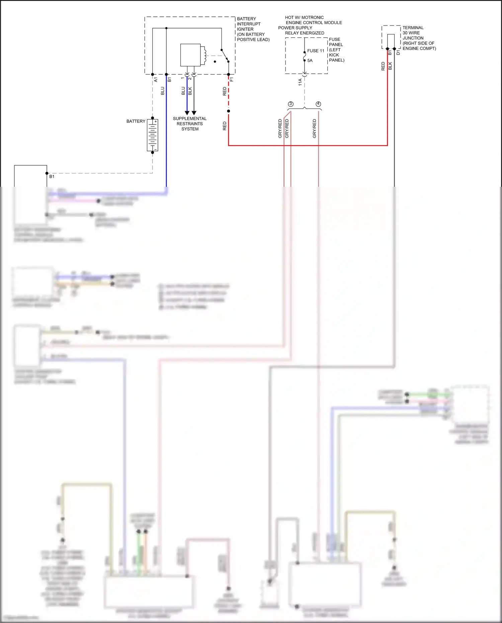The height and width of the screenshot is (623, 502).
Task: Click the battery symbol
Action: pos(153,135)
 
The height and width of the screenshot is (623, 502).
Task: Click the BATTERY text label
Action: pos(136,121)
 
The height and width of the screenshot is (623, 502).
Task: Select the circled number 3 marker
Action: pos(290,104)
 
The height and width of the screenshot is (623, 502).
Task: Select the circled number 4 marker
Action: pos(318,104)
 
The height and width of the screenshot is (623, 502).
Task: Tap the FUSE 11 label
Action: pos(316,51)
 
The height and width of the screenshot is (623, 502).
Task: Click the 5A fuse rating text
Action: pos(310,61)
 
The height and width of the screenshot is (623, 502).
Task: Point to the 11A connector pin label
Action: pos(300,82)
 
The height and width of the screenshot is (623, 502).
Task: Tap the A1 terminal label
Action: pos(156,80)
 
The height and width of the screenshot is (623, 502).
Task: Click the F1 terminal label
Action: pos(232,80)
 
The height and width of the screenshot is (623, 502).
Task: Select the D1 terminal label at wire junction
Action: pos(398,53)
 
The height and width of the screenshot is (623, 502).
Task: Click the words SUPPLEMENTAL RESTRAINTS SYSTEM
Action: pos(190,124)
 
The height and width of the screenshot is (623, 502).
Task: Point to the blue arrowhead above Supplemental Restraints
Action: pos(187,113)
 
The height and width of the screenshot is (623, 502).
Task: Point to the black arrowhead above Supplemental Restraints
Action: pos(194,113)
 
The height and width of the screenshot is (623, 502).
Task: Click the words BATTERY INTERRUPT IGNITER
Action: pos(249,24)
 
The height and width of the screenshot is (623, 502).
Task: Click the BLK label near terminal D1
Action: pos(390,66)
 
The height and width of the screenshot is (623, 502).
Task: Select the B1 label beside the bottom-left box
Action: pos(52,176)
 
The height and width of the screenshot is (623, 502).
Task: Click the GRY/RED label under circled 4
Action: pos(314,129)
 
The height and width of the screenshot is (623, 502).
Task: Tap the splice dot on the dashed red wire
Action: pos(229,111)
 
